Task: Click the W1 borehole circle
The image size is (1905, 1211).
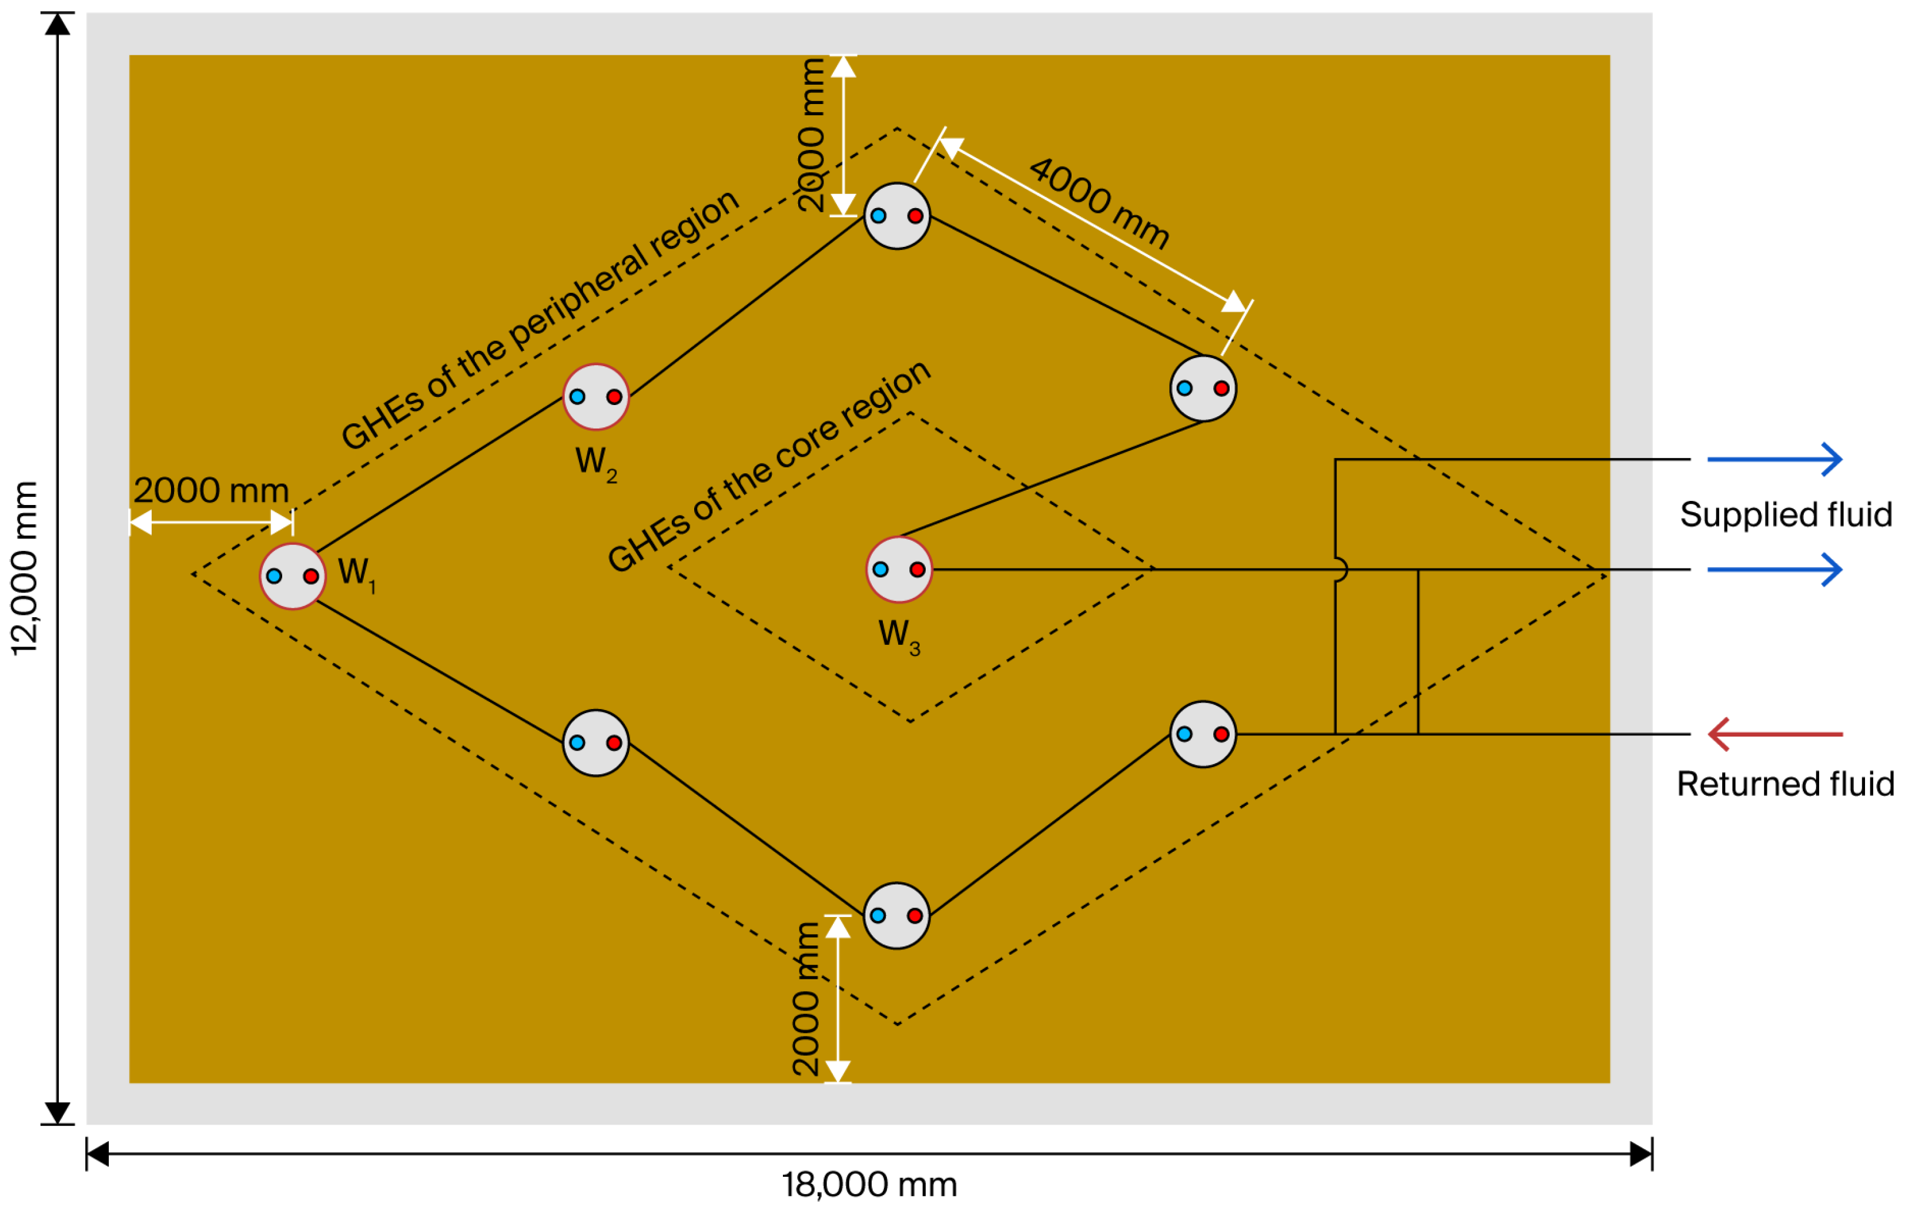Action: tap(293, 576)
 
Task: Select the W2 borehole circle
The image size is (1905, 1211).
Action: tap(595, 396)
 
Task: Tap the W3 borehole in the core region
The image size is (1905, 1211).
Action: tap(899, 570)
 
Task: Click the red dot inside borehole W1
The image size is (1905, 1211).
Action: tap(311, 576)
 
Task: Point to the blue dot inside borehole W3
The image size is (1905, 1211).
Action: tap(880, 570)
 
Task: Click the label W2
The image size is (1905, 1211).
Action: tap(595, 463)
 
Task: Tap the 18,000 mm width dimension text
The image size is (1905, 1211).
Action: tap(869, 1185)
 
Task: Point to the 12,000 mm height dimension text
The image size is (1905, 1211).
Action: tap(25, 568)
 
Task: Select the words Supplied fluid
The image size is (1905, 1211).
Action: tap(1786, 515)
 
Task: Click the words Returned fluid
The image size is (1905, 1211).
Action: tap(1786, 784)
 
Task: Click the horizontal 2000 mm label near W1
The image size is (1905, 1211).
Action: tap(211, 490)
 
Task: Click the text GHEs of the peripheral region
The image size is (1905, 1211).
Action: tap(540, 320)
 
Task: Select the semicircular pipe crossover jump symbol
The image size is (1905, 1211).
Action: tap(1340, 570)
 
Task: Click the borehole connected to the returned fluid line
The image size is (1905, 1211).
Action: tap(1203, 734)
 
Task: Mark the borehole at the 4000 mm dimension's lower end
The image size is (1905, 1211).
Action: tap(1203, 389)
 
